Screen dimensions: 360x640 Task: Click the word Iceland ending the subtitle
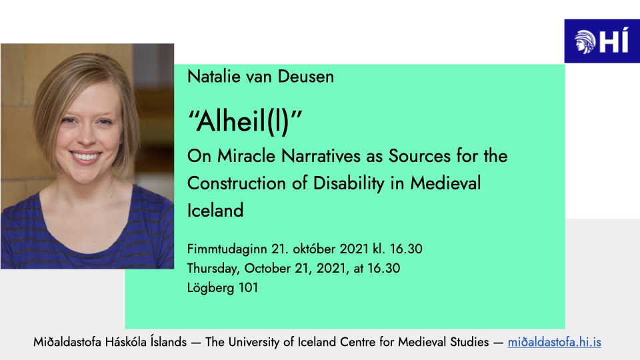(x=215, y=211)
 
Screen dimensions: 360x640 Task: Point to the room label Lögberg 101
(x=222, y=288)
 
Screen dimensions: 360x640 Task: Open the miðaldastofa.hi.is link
(x=554, y=342)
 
